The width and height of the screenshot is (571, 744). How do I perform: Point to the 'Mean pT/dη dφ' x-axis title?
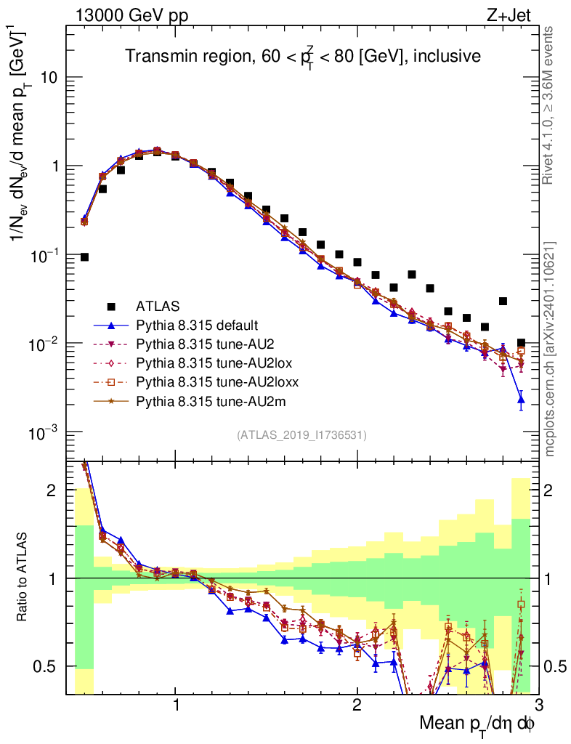pyautogui.click(x=478, y=724)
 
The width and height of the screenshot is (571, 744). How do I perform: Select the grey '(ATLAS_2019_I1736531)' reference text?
pyautogui.click(x=301, y=435)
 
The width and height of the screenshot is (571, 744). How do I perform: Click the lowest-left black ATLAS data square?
pyautogui.click(x=84, y=257)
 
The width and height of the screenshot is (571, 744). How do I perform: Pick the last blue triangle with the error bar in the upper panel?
pyautogui.click(x=521, y=399)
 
